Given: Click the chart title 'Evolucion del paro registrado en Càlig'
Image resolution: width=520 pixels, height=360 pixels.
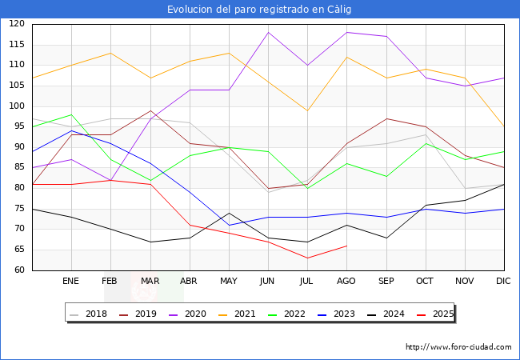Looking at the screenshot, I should pos(259,10).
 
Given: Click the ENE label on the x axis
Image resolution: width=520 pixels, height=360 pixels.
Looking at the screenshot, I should pos(71,282).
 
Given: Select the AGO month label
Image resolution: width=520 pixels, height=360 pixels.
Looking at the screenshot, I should pos(346,282).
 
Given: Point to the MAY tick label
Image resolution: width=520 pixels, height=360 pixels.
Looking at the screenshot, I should pos(229,282).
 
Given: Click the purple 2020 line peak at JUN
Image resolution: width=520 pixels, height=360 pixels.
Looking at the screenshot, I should pos(268,32).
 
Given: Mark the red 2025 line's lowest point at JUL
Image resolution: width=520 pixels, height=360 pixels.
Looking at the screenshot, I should pos(307,258).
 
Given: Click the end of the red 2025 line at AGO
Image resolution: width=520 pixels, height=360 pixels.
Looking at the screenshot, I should pos(346,246).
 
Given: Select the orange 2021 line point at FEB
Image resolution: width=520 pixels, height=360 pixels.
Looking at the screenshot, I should pos(110,53).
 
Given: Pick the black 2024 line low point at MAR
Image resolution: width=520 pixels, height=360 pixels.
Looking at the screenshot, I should pos(150,242).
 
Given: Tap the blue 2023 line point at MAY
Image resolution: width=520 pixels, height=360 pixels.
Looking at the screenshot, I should pos(229,225).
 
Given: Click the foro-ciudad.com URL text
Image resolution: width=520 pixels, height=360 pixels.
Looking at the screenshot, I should pos(458,347).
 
